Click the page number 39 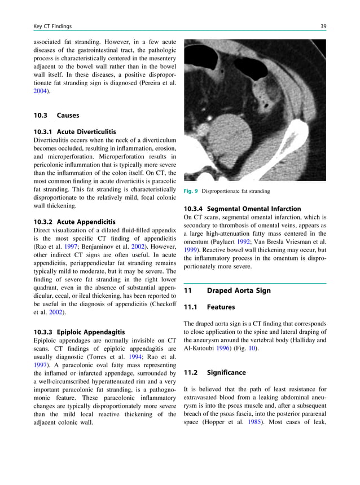(323, 26)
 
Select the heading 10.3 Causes (56, 115)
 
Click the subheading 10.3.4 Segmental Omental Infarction (242, 209)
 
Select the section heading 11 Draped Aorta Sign (227, 290)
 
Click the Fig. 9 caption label (191, 191)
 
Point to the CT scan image (254, 109)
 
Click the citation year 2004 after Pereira (41, 90)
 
